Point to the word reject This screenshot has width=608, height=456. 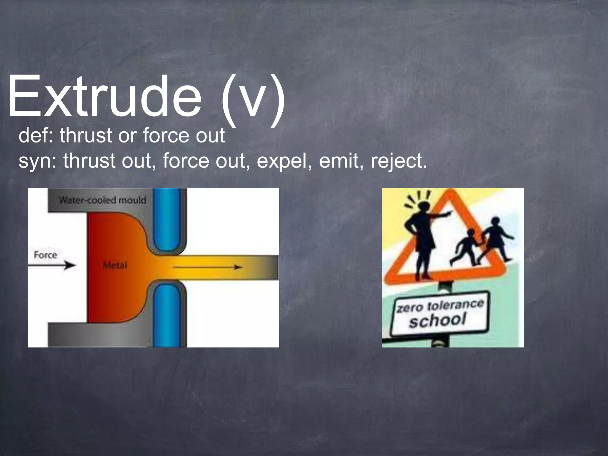(x=398, y=161)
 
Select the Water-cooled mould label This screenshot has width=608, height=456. (x=102, y=200)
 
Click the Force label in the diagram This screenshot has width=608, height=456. (x=45, y=255)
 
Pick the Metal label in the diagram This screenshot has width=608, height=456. (x=115, y=265)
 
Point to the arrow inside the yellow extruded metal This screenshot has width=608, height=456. (x=208, y=267)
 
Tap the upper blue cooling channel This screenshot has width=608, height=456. (x=167, y=220)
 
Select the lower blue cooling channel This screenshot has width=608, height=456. (x=167, y=315)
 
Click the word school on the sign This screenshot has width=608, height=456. (x=437, y=320)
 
